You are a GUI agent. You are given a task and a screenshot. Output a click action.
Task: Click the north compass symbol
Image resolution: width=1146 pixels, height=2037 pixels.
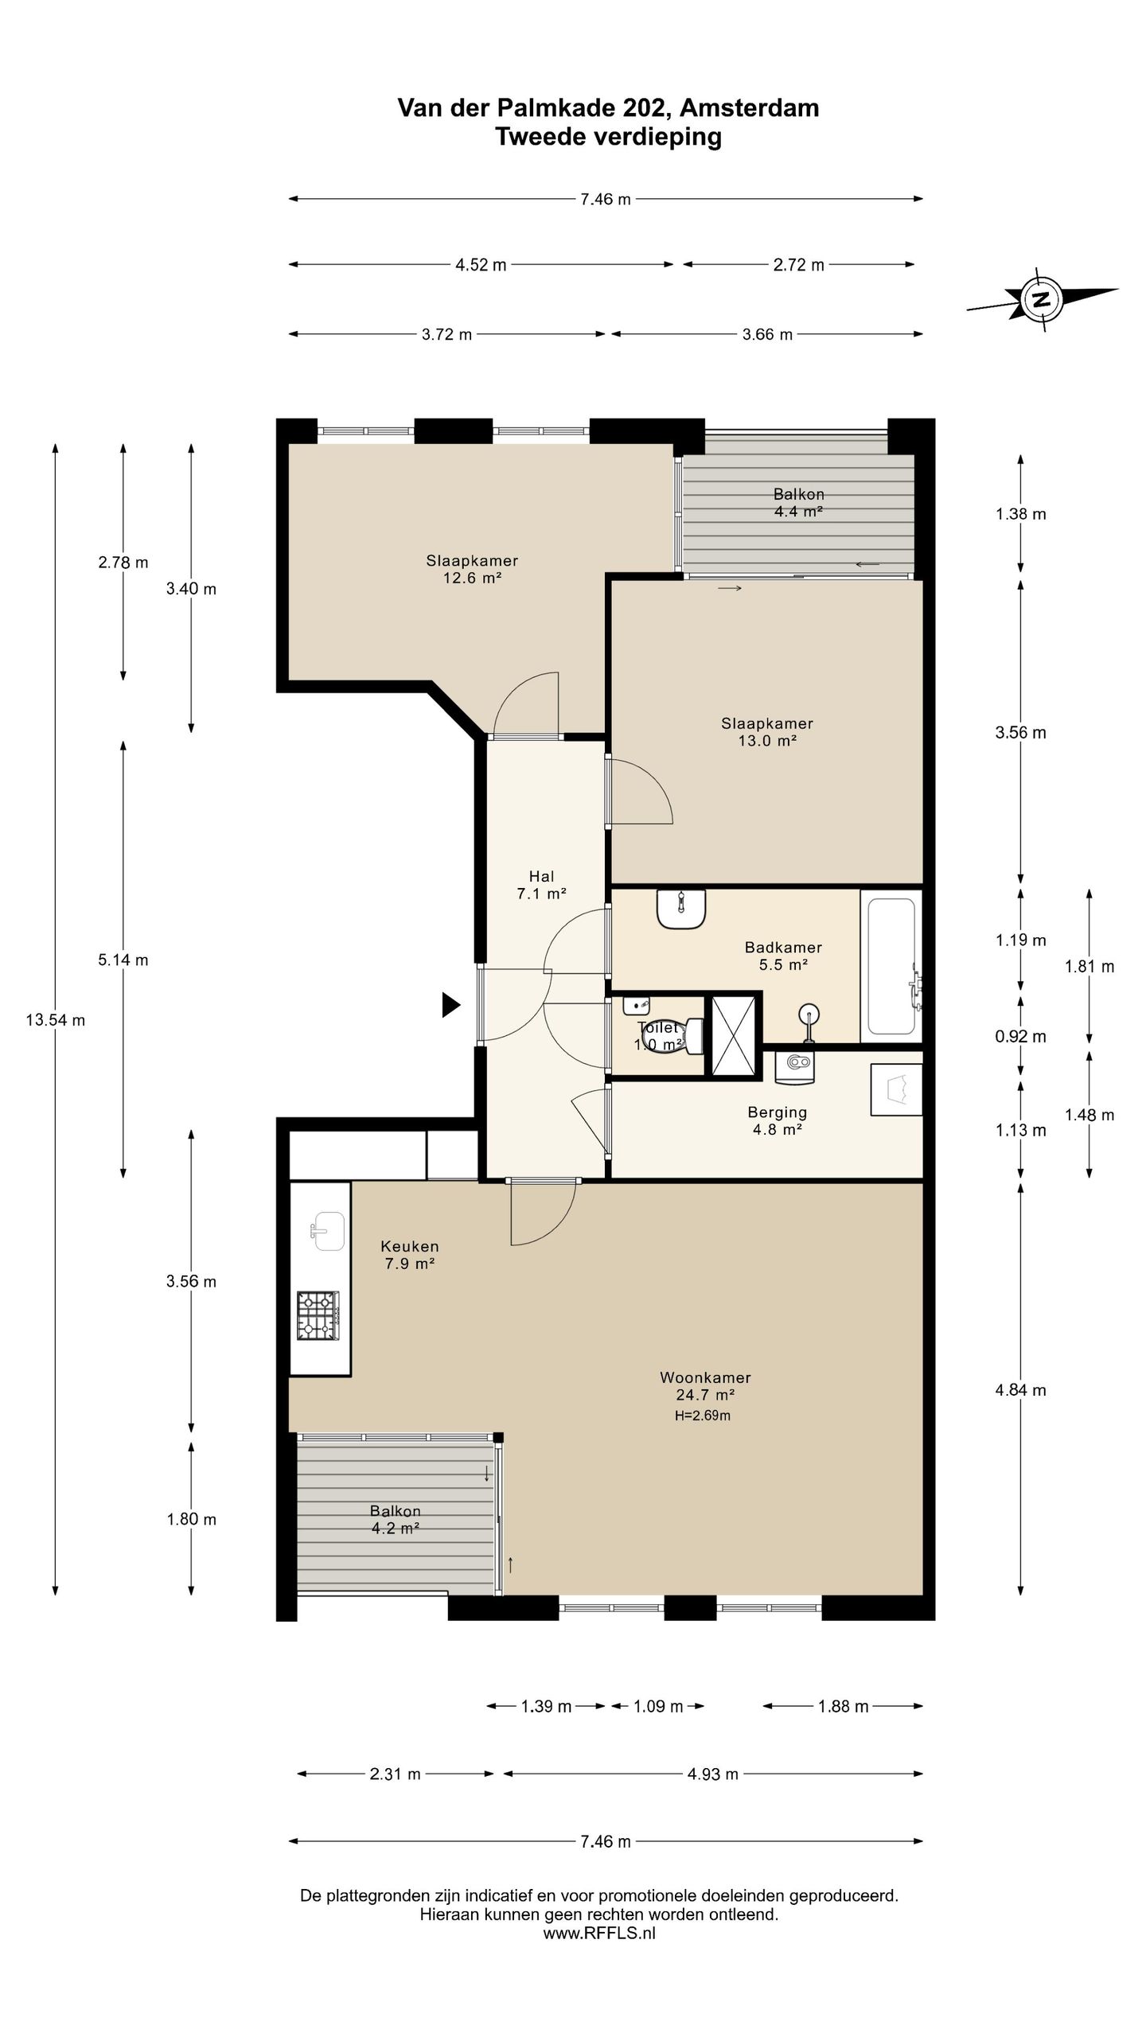pyautogui.click(x=1041, y=299)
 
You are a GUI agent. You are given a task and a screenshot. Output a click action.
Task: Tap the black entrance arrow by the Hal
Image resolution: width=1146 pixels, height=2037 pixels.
pyautogui.click(x=451, y=1006)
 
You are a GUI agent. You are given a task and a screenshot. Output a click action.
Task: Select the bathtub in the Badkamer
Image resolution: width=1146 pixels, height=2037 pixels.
pyautogui.click(x=891, y=965)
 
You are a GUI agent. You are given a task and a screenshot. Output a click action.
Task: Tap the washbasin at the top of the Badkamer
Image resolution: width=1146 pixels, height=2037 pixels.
pyautogui.click(x=681, y=909)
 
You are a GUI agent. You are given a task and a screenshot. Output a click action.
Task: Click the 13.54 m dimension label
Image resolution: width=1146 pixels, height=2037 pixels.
pyautogui.click(x=55, y=1020)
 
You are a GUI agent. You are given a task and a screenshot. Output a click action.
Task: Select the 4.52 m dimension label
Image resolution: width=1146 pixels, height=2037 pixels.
pyautogui.click(x=481, y=265)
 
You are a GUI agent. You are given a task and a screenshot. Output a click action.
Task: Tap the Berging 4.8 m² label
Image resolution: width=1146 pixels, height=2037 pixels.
pyautogui.click(x=778, y=1120)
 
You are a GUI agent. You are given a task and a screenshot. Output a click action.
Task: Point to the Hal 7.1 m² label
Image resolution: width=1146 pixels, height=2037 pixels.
pyautogui.click(x=541, y=885)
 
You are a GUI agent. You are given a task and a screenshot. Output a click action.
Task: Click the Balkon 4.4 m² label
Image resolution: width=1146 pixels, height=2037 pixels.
pyautogui.click(x=798, y=503)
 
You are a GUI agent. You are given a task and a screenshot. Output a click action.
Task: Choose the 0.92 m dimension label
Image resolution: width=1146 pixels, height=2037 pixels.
pyautogui.click(x=1020, y=1037)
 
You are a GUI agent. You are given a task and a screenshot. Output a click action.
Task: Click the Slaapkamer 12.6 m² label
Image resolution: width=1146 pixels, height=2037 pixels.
pyautogui.click(x=472, y=570)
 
